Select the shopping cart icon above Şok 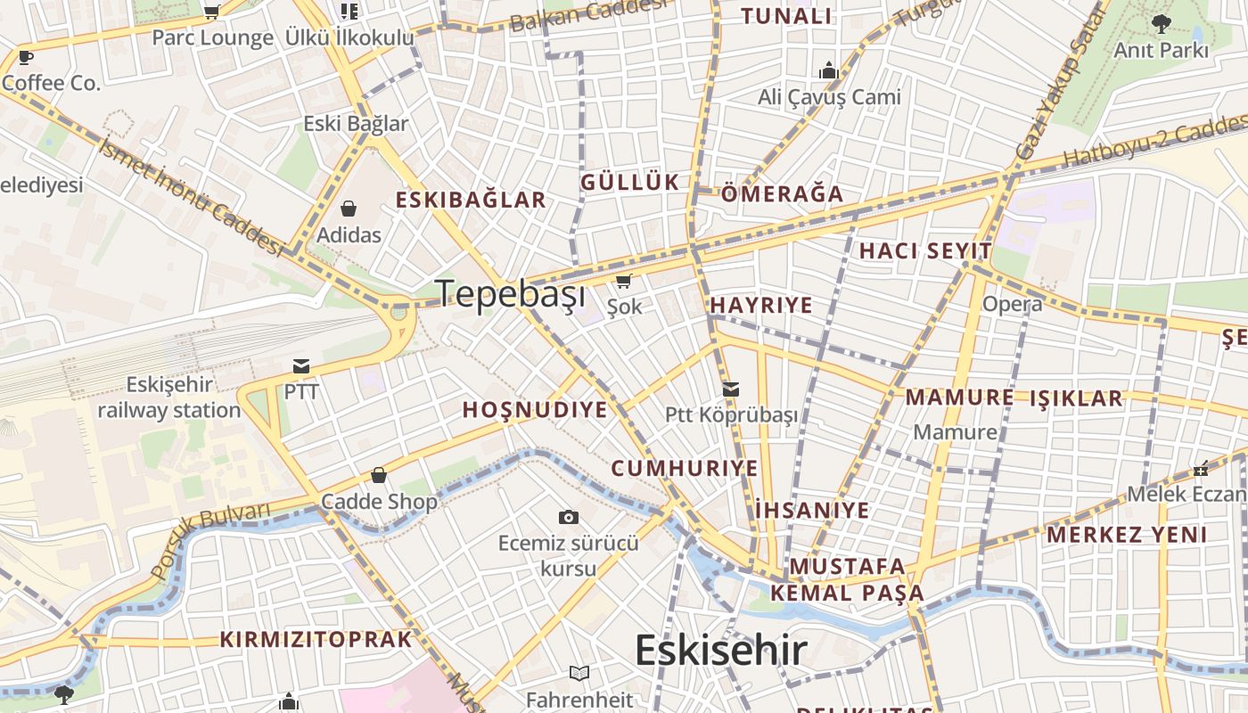624,282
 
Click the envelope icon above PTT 301,366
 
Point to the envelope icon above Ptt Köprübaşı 731,389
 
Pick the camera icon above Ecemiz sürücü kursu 568,517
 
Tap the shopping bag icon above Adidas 349,209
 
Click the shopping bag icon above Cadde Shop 379,475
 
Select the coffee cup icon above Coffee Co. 26,58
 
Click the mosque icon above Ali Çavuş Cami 829,70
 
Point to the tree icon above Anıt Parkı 1161,23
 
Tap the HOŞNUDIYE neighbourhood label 535,410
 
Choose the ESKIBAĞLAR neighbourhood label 471,200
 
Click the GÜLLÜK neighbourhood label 630,183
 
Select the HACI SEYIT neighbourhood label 925,251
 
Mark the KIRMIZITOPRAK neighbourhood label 316,639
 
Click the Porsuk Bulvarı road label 209,539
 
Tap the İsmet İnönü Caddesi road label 192,196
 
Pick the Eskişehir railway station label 169,397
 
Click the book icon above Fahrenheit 579,673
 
